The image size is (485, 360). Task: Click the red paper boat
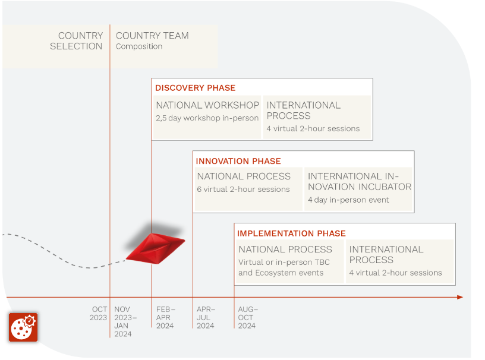(156, 249)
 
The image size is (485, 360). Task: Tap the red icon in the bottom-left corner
(23, 327)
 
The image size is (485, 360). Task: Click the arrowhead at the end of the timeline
(460, 297)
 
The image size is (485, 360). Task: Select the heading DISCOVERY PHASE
(195, 88)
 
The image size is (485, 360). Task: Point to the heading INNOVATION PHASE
(238, 161)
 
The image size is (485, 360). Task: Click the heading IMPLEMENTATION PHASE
(291, 233)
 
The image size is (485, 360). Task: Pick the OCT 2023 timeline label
(98, 313)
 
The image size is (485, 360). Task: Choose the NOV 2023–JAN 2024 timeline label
(125, 321)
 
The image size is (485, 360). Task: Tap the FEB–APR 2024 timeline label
(165, 317)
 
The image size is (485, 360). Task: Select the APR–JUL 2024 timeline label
(206, 317)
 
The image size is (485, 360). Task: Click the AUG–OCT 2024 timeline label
(248, 317)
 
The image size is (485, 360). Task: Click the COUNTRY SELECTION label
(77, 41)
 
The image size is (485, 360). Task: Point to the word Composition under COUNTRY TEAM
(139, 46)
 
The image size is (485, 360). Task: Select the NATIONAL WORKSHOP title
(207, 105)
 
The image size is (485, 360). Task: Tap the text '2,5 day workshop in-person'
(207, 118)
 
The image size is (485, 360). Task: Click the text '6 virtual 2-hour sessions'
(244, 190)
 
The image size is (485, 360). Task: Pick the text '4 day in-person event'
(348, 200)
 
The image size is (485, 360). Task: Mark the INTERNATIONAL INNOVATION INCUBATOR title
(360, 182)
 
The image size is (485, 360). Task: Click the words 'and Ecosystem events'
(281, 273)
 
